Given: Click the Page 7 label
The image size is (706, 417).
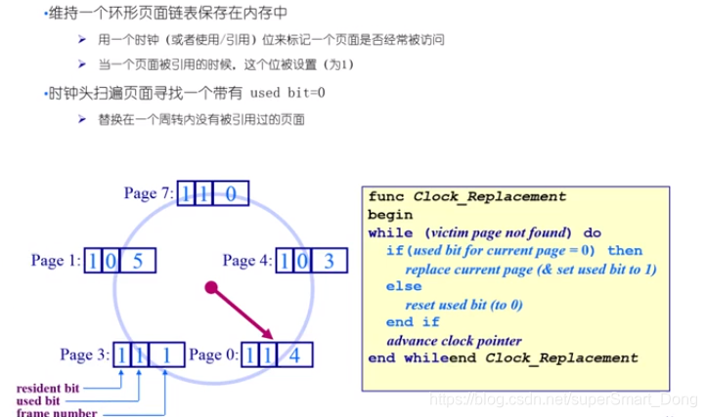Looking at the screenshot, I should [148, 193].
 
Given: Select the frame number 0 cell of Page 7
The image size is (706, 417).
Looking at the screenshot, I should [230, 193].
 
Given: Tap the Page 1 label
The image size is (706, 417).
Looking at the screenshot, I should [55, 262].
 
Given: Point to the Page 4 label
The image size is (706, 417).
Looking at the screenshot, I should [247, 261].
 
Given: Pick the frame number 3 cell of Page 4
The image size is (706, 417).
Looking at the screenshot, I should [329, 261].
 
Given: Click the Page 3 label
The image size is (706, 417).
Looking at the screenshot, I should [83, 354].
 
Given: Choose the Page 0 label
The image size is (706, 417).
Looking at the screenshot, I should [213, 354].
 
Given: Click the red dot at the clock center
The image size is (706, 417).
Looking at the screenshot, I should [209, 287].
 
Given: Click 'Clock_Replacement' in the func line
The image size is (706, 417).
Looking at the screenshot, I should [489, 196].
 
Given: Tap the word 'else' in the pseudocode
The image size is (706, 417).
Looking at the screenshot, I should [403, 286].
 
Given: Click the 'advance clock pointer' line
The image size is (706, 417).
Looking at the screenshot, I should [458, 340].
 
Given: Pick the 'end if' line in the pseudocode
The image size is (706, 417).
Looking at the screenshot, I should [413, 322].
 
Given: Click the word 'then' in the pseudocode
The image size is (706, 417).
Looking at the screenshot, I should [625, 250].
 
